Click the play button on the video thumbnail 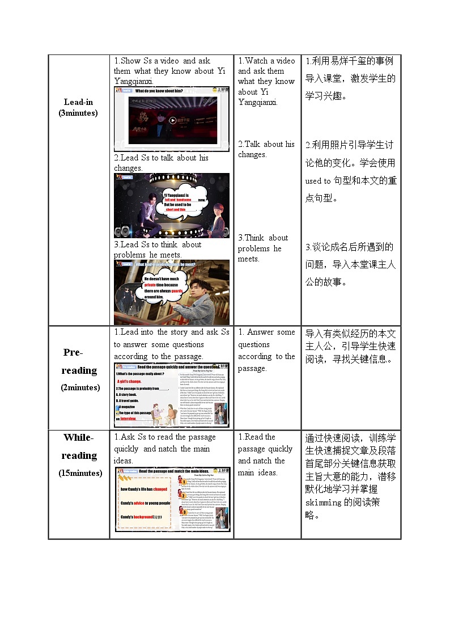click(173, 120)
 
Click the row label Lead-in click(78, 102)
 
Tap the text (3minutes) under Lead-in click(78, 113)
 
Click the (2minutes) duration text click(80, 387)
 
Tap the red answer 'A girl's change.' click(129, 381)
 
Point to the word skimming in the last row click(324, 503)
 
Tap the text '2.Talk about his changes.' click(266, 149)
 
